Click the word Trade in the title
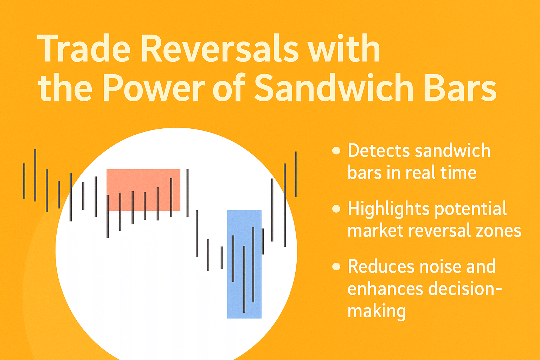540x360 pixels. (84, 49)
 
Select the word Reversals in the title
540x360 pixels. (220, 48)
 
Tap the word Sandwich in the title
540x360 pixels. (334, 87)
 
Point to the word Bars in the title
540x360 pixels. (460, 87)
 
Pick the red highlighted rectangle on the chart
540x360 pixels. (143, 190)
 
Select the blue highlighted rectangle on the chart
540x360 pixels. (244, 264)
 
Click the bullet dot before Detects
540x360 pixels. (336, 151)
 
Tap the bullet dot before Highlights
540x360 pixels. (336, 208)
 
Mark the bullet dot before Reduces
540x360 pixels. (336, 266)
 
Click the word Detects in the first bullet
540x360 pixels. (379, 151)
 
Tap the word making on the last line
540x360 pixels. (377, 311)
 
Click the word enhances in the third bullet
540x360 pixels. (385, 289)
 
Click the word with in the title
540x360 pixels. (345, 48)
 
